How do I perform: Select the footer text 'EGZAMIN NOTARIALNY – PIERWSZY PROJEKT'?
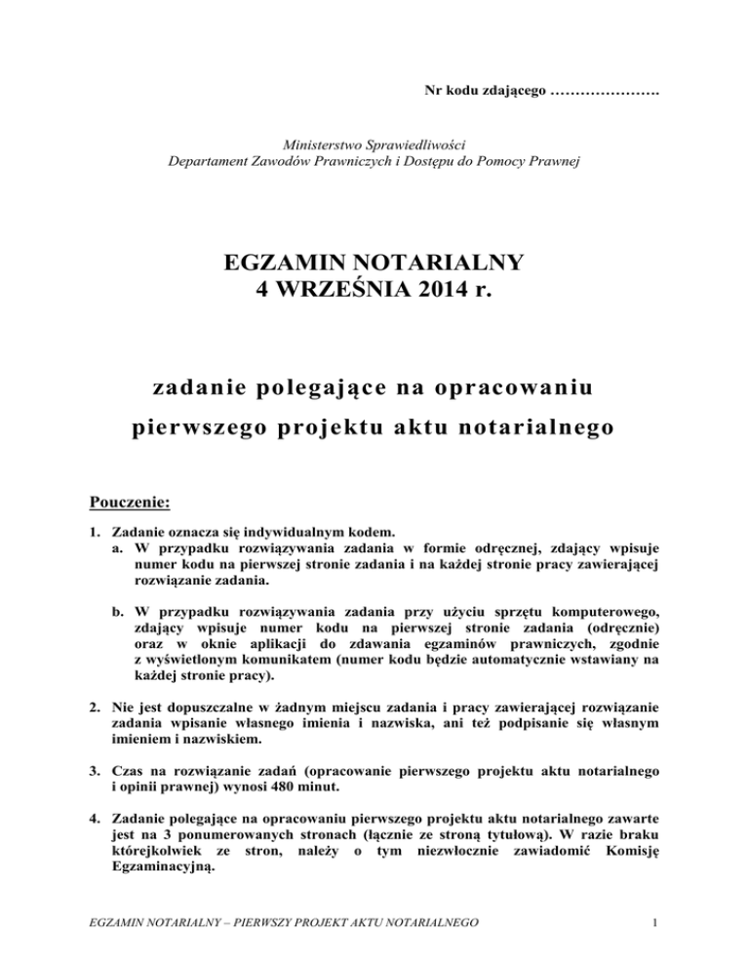[224, 946]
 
